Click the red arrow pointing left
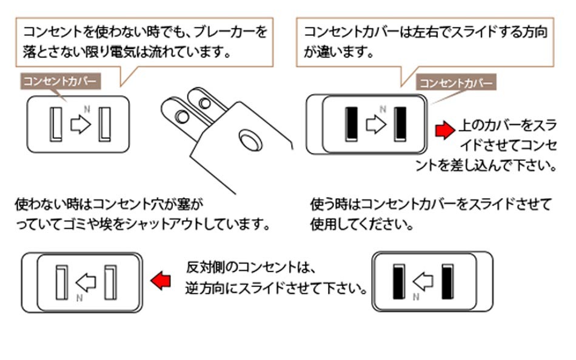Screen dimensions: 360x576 pos(160,281)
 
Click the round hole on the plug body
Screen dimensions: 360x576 pos(250,139)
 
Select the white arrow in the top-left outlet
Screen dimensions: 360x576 pos(80,125)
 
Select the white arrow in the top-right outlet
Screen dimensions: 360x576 pos(376,125)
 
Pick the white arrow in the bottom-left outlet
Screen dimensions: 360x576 pos(85,281)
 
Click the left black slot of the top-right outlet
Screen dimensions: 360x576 pos(350,124)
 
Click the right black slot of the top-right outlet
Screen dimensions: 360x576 pos(400,124)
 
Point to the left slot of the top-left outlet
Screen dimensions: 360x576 pos(55,124)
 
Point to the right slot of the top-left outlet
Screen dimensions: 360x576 pos(105,124)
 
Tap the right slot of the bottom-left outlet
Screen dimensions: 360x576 pos(110,282)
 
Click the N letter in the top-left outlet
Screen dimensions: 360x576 pos(87,109)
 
